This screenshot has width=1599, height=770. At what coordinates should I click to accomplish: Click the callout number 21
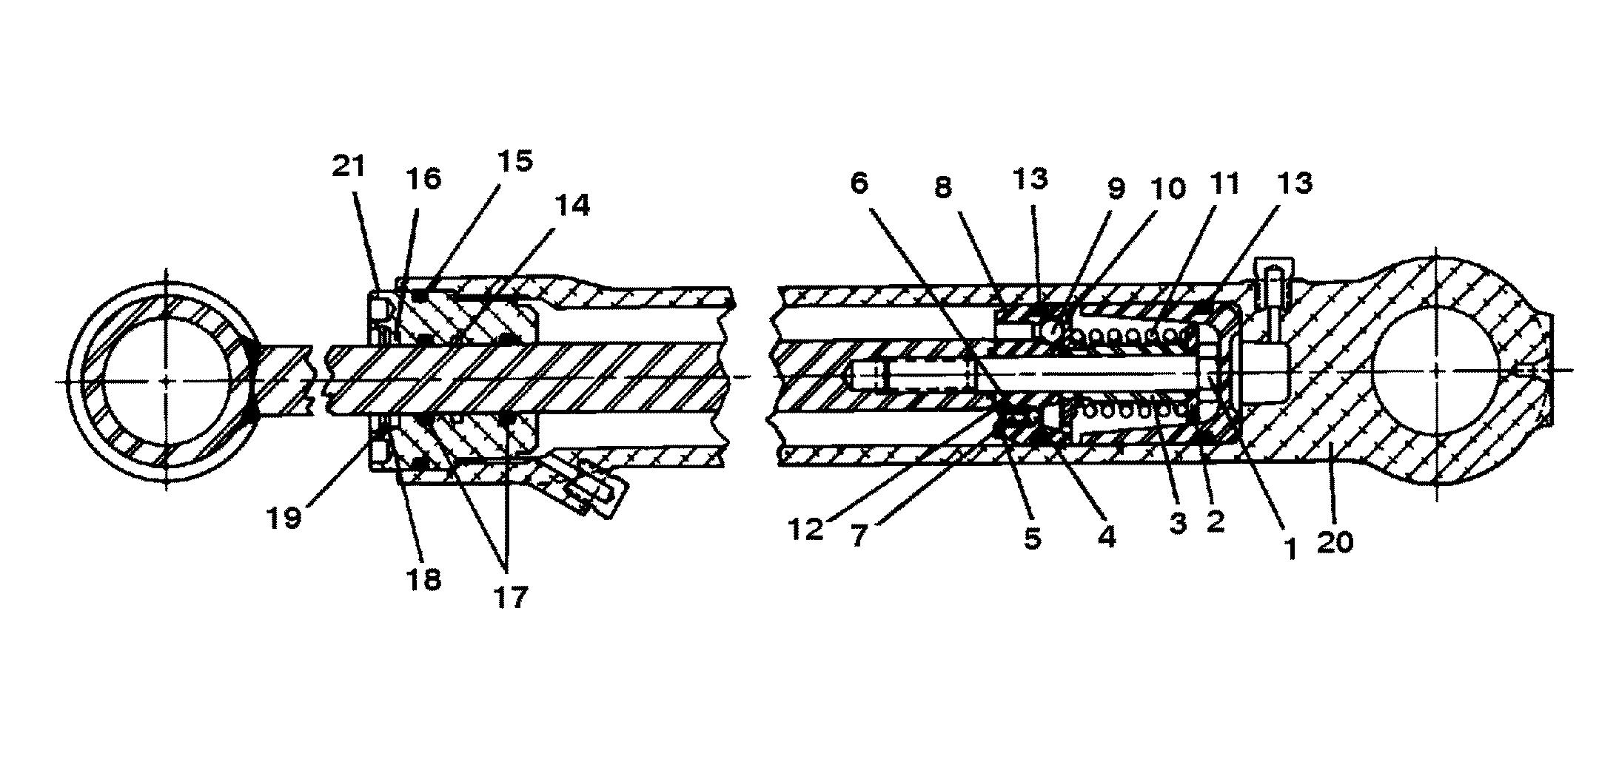349,166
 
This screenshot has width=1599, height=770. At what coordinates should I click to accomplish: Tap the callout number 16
423,179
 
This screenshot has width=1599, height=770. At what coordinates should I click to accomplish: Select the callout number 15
516,161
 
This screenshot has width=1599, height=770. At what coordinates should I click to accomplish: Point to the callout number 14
572,206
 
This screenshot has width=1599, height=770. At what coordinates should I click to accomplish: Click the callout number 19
285,519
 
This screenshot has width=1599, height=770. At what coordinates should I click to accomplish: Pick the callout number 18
423,579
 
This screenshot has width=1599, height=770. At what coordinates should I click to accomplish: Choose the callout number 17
510,596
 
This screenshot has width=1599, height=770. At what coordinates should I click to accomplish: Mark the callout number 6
859,183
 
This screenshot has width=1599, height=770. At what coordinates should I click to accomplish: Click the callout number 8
942,188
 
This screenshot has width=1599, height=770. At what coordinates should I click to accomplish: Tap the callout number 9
1116,189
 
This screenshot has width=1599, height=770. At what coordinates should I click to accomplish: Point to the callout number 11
1224,183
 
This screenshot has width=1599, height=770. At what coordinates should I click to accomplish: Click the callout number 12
806,529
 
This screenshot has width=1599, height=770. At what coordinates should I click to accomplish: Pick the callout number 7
859,536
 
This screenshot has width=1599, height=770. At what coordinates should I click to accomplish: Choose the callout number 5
1033,538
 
